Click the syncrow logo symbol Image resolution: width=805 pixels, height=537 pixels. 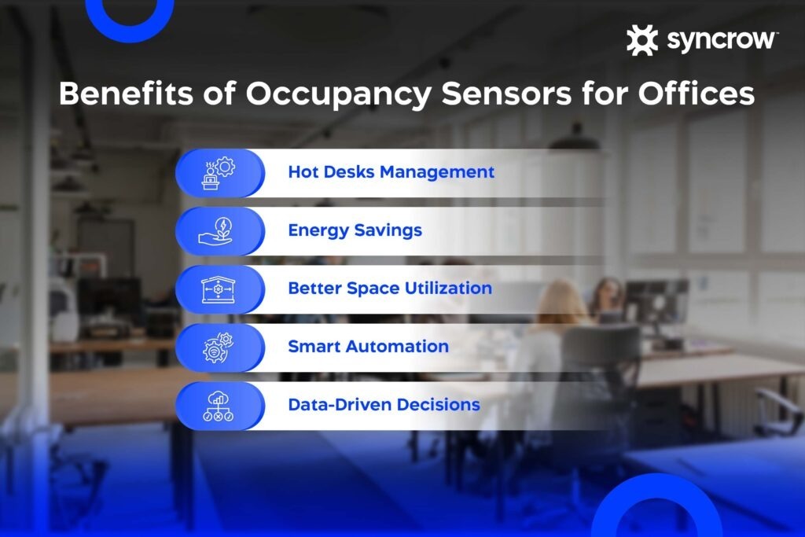(x=642, y=40)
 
